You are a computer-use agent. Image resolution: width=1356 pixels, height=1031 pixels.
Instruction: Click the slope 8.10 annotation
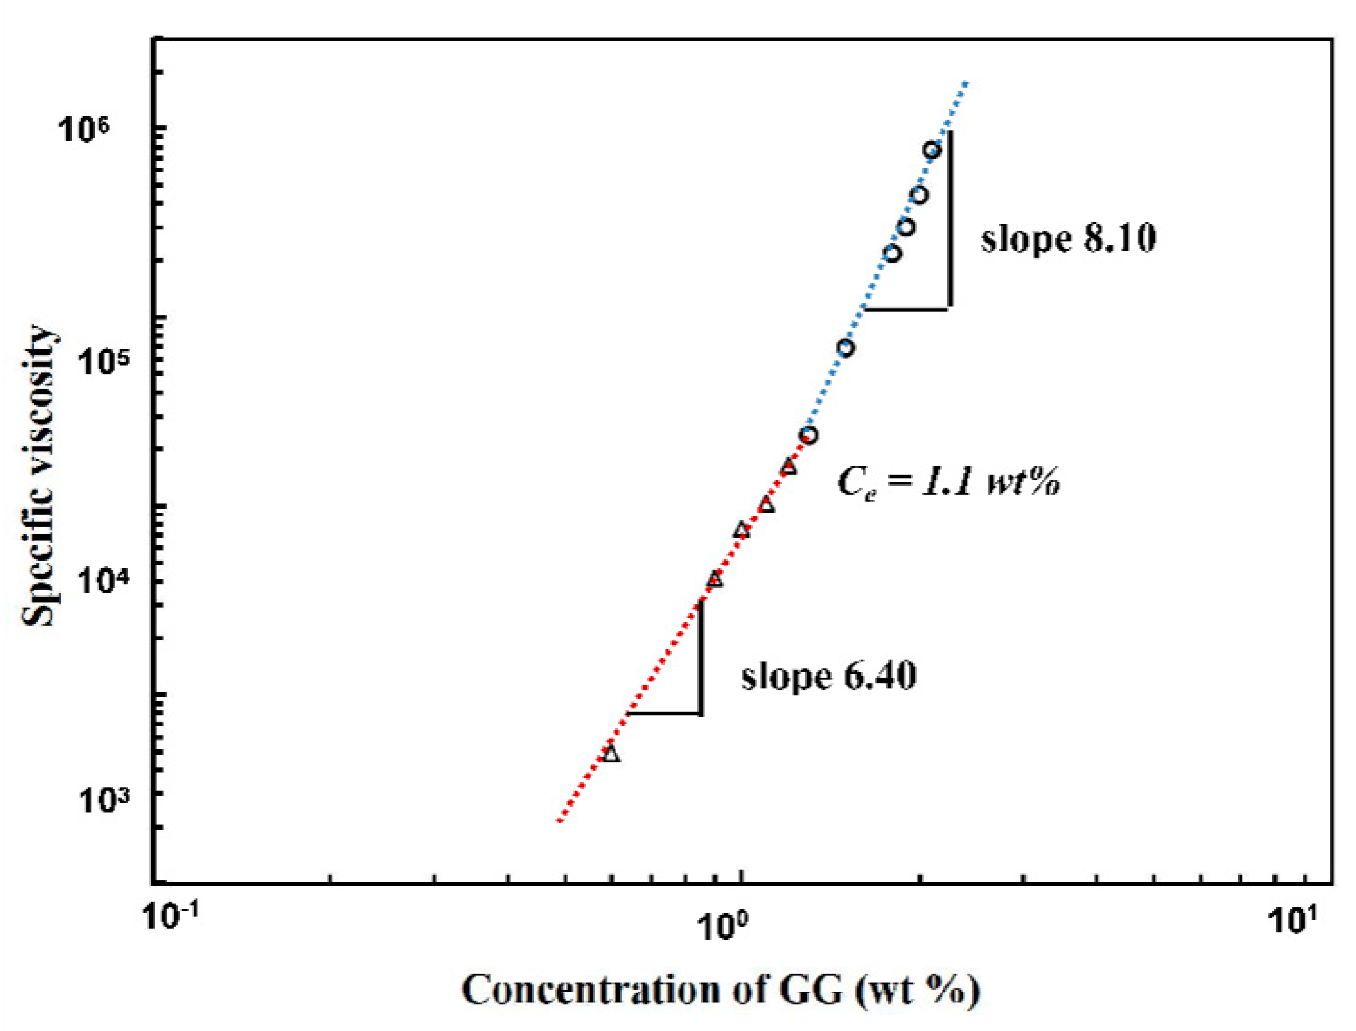coord(1068,238)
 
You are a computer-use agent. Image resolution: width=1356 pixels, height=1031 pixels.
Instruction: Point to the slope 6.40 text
coord(828,676)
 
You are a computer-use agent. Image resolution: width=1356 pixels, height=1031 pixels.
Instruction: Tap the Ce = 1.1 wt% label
coord(948,482)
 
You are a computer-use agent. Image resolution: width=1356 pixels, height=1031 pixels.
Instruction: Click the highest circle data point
coord(932,150)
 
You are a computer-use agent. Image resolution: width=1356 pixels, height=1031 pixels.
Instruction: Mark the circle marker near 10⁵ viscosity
coord(845,347)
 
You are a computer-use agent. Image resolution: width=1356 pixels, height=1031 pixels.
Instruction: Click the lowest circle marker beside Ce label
coord(809,435)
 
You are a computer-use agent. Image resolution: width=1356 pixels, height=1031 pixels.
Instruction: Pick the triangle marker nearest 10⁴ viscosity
coord(715,580)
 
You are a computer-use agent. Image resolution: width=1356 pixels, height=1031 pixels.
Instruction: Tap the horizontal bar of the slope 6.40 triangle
coord(664,713)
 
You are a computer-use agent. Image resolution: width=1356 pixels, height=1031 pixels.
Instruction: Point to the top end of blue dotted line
coord(966,84)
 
